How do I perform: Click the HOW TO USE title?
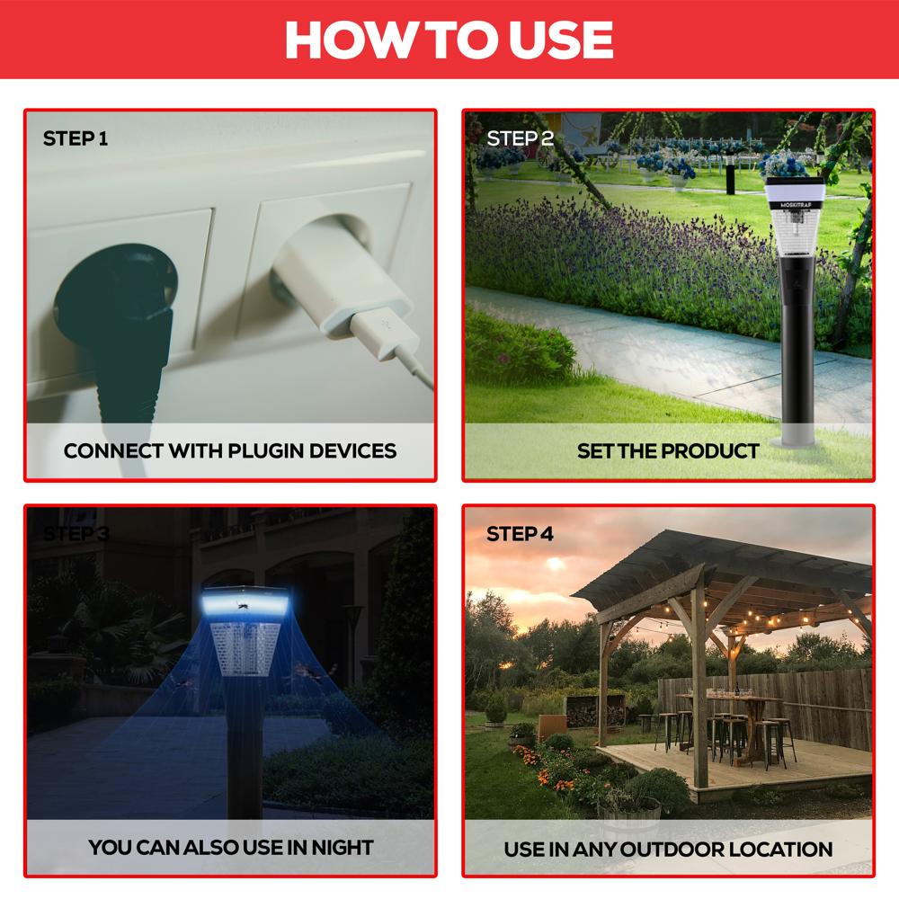pyautogui.click(x=449, y=40)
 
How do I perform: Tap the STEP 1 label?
pyautogui.click(x=76, y=138)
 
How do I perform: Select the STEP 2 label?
pyautogui.click(x=520, y=138)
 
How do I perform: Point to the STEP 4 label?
pyautogui.click(x=520, y=534)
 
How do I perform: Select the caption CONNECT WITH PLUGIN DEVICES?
pyautogui.click(x=230, y=450)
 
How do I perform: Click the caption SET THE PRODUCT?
pyautogui.click(x=668, y=450)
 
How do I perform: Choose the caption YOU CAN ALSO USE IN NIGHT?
pyautogui.click(x=230, y=846)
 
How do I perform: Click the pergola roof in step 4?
pyautogui.click(x=719, y=562)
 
